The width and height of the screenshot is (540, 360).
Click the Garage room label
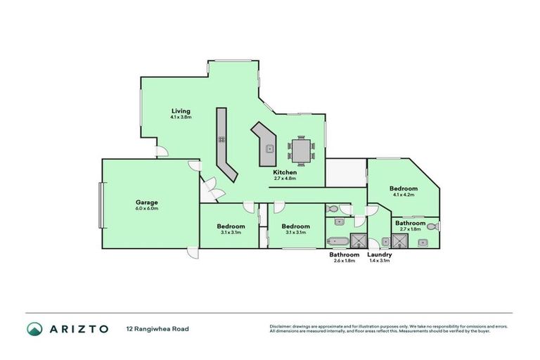pyautogui.click(x=147, y=202)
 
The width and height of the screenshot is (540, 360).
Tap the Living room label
pyautogui.click(x=181, y=111)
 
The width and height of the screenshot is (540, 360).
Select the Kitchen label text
pyautogui.click(x=285, y=172)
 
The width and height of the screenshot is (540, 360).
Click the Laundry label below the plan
pyautogui.click(x=380, y=254)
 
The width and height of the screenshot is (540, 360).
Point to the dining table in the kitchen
pyautogui.click(x=301, y=149)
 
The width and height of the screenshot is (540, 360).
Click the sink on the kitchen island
pyautogui.click(x=269, y=148)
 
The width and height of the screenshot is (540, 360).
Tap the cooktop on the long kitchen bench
pyautogui.click(x=221, y=139)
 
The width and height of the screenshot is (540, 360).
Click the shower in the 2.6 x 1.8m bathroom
pyautogui.click(x=359, y=240)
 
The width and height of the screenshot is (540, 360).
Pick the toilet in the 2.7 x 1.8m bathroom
pyautogui.click(x=436, y=226)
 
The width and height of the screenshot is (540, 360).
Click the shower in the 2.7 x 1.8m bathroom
pyautogui.click(x=400, y=240)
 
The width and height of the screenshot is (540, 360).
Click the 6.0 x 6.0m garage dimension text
pyautogui.click(x=147, y=209)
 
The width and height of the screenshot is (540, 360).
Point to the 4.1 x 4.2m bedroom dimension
pyautogui.click(x=404, y=195)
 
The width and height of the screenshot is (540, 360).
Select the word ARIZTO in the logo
pyautogui.click(x=79, y=328)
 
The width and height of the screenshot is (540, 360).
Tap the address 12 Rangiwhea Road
pyautogui.click(x=157, y=328)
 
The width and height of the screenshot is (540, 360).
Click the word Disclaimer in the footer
pyautogui.click(x=281, y=326)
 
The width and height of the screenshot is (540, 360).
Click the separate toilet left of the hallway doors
pyautogui.click(x=332, y=209)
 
